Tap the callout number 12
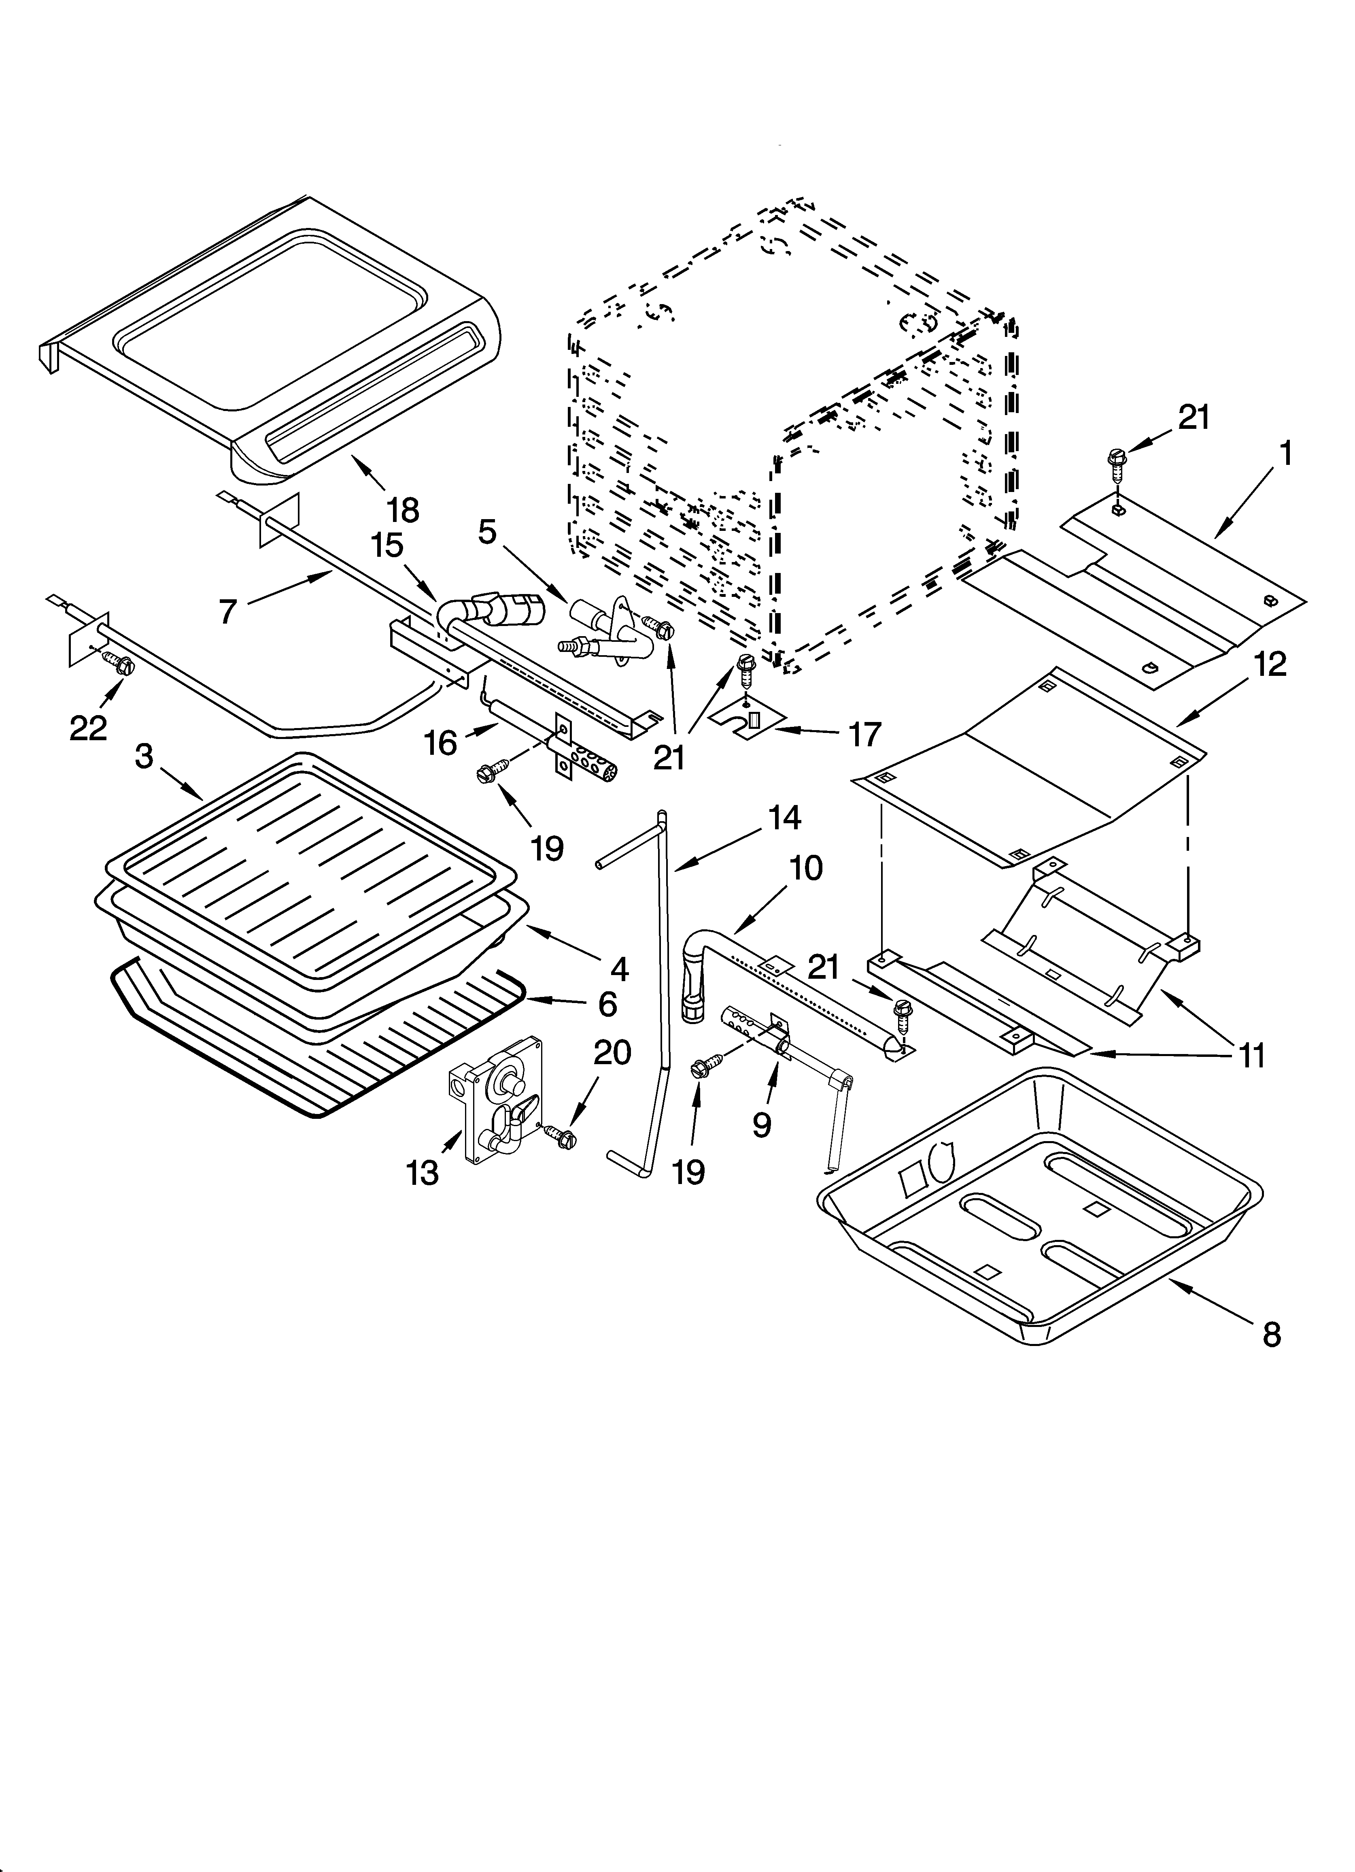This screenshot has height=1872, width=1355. (x=1271, y=664)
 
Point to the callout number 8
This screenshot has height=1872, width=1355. (x=1272, y=1335)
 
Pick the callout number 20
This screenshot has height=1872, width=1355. (x=612, y=1052)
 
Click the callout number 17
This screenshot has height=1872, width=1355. (x=864, y=733)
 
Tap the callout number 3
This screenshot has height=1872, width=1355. (x=144, y=756)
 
